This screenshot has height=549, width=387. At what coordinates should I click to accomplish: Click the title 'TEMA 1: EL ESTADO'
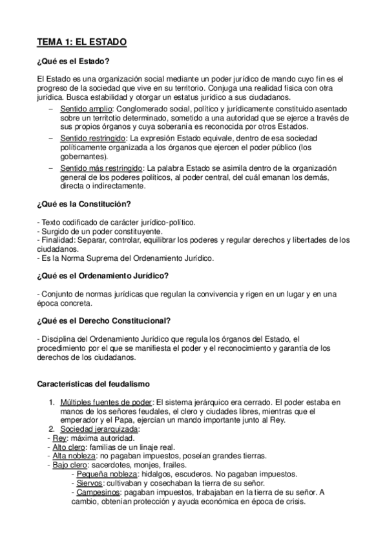pos(81,43)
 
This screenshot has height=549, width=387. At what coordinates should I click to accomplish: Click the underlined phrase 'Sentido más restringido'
pos(101,168)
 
